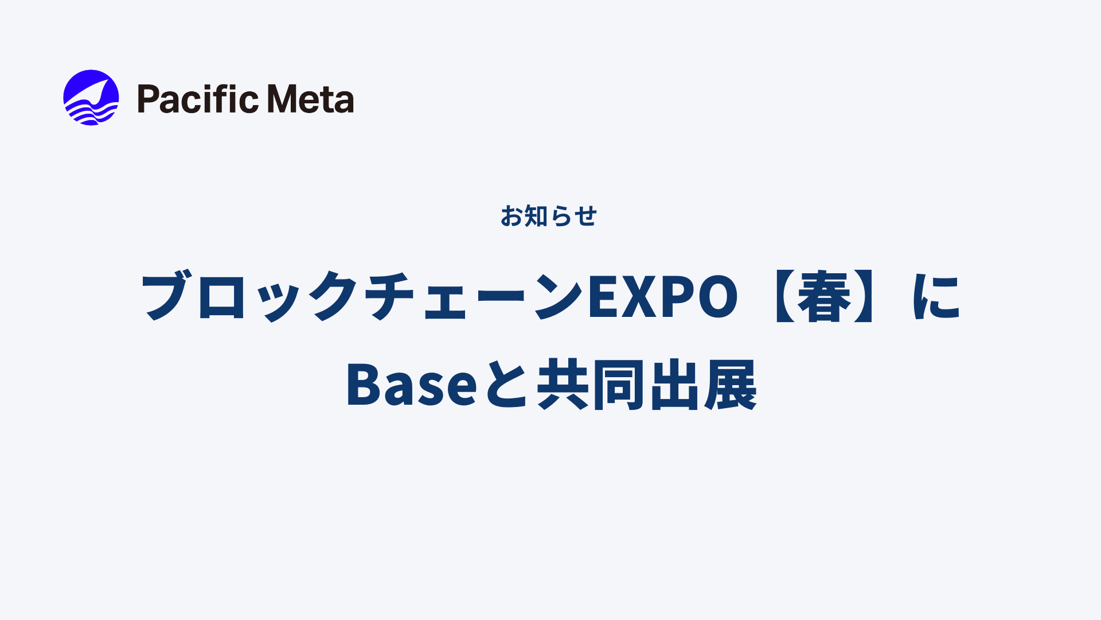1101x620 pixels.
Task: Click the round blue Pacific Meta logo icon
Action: click(x=91, y=98)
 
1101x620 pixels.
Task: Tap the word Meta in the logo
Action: click(x=311, y=99)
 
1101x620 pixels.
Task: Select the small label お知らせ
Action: click(x=549, y=216)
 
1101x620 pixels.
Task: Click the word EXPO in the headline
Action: click(x=663, y=296)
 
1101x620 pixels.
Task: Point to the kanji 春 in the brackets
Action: click(x=824, y=296)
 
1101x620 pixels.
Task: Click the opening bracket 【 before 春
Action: click(x=783, y=296)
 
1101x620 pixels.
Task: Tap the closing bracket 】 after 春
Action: click(x=865, y=296)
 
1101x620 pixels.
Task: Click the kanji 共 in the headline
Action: click(x=563, y=385)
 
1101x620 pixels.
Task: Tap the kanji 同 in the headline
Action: click(x=618, y=385)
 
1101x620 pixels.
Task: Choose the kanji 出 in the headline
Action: click(x=674, y=385)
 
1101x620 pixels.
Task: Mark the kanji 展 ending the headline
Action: click(x=731, y=385)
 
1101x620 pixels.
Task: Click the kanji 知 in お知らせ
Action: click(x=536, y=216)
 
